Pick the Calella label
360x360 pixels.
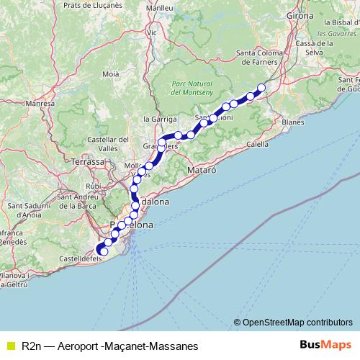point(258,144)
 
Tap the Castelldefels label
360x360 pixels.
point(78,258)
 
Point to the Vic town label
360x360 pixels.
point(151,32)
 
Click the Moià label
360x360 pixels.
point(111,73)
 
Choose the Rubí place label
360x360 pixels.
point(94,186)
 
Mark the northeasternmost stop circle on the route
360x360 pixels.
point(261,88)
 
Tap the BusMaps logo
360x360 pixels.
point(321,346)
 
